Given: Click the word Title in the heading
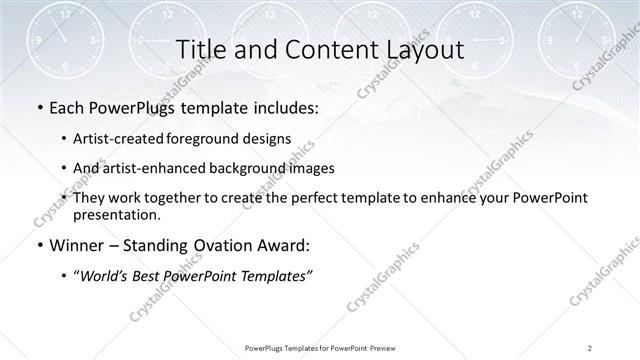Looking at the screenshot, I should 198,50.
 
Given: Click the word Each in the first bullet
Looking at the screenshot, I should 65,106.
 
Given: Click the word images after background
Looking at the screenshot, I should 312,168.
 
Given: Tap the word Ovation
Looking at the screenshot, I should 203,244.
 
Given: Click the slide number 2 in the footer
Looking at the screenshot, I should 589,348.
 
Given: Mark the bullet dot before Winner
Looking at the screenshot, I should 37,245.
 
